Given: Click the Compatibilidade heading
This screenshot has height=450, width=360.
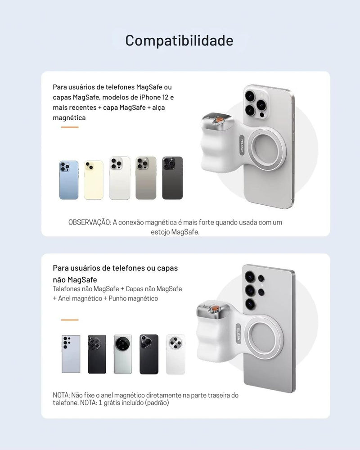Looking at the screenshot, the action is click(179, 40).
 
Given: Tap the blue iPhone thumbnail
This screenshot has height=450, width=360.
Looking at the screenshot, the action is click(69, 180).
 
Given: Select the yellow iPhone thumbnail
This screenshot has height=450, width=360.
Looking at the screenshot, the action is click(94, 180).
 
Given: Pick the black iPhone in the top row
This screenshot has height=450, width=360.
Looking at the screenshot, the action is click(172, 178).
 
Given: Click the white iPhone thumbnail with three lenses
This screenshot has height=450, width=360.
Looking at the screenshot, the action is click(120, 178).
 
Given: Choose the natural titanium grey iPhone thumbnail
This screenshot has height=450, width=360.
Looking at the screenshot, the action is click(146, 178).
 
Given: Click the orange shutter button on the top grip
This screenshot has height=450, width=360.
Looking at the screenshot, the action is click(220, 118).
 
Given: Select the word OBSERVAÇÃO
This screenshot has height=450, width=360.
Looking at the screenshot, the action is click(90, 222).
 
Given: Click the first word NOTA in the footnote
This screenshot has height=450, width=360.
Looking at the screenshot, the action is click(61, 395).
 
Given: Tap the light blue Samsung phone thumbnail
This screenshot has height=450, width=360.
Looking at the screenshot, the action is click(71, 354).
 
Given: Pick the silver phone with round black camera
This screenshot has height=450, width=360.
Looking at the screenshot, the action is click(123, 354).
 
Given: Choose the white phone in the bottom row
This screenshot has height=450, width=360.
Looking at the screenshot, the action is click(175, 354).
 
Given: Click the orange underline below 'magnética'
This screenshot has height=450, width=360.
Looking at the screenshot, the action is click(70, 127).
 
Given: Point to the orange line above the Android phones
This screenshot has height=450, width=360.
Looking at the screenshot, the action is click(70, 319).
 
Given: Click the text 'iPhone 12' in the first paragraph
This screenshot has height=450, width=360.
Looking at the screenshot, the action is click(154, 97).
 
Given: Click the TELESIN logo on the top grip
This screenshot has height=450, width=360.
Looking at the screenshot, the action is click(242, 145).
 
